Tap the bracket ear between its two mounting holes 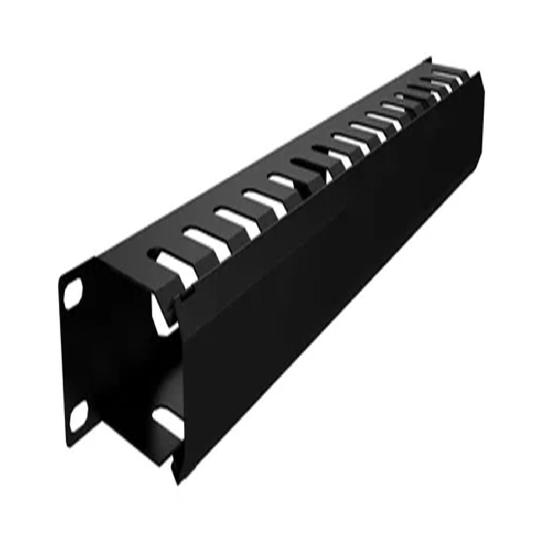(x=73, y=357)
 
